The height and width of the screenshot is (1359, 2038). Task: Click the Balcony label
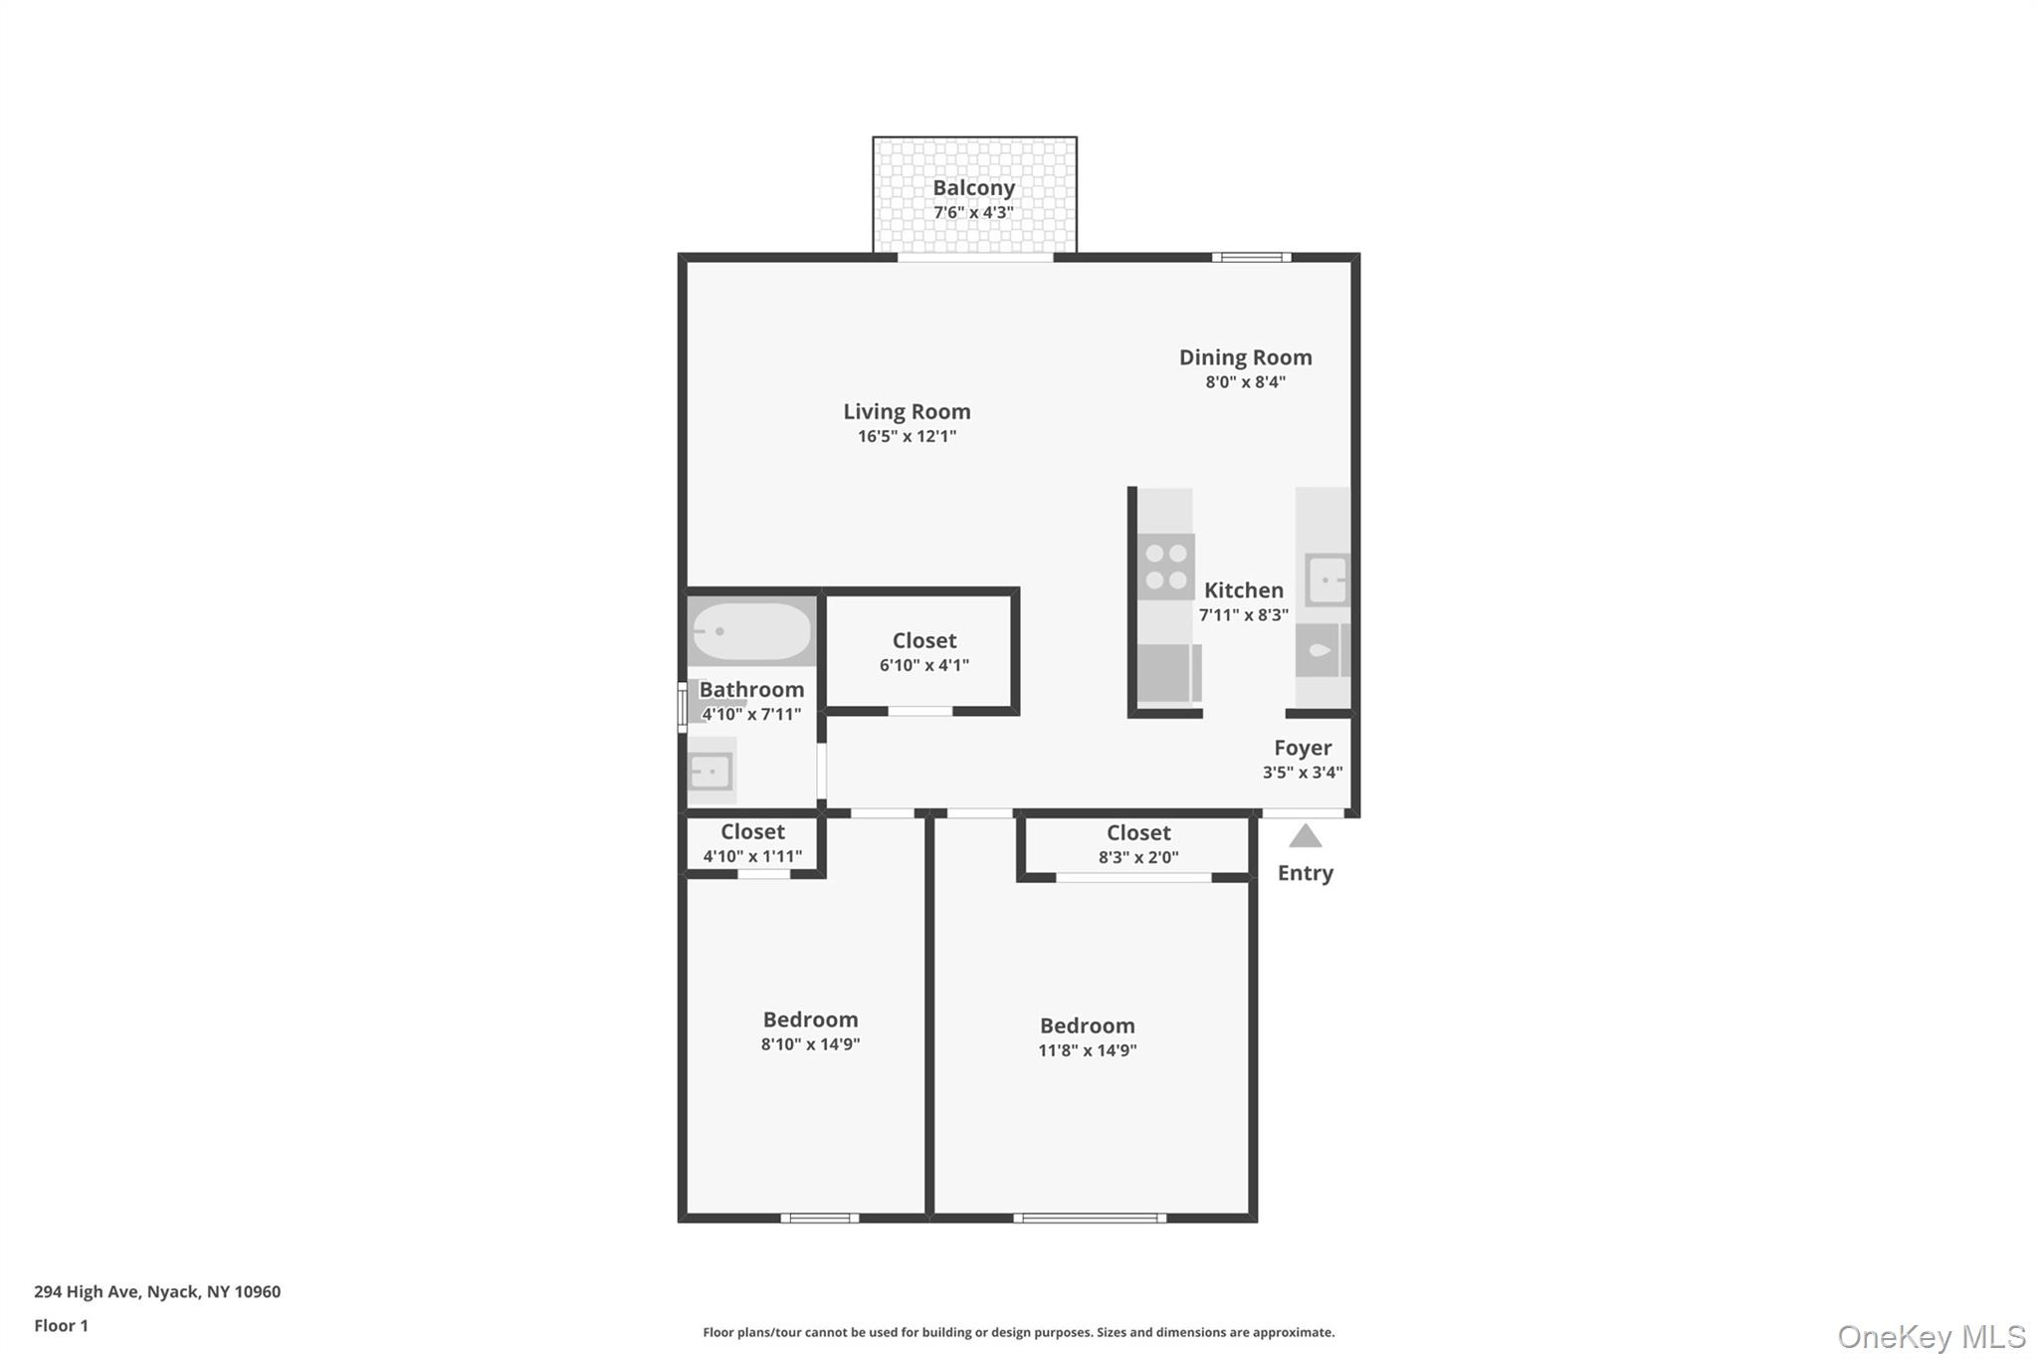click(973, 188)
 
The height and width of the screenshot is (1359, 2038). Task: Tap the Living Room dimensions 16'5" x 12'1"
click(907, 436)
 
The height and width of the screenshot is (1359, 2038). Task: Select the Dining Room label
click(1245, 357)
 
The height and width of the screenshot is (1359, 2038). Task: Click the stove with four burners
click(1165, 566)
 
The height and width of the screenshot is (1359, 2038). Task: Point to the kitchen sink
click(1326, 579)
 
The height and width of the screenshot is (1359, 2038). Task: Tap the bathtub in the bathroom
click(751, 631)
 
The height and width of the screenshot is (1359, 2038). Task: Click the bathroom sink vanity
click(712, 771)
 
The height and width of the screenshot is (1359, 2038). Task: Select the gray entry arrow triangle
click(1305, 836)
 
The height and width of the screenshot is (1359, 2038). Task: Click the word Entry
click(1305, 873)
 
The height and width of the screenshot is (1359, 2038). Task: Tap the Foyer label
click(1302, 748)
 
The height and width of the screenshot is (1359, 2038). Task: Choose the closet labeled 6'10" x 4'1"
click(923, 652)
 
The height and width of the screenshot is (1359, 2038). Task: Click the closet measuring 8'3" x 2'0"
click(1137, 843)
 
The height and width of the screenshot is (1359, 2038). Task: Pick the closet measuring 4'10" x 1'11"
click(752, 842)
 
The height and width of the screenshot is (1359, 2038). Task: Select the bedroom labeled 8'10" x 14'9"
click(810, 1030)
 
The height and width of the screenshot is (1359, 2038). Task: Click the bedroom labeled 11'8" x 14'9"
click(1087, 1036)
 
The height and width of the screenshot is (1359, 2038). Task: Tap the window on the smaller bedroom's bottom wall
click(819, 1218)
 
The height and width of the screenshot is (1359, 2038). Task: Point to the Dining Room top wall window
click(1251, 258)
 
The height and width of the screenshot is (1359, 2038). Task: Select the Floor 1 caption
click(61, 1325)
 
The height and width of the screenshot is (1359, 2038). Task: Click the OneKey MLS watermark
click(1931, 1336)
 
